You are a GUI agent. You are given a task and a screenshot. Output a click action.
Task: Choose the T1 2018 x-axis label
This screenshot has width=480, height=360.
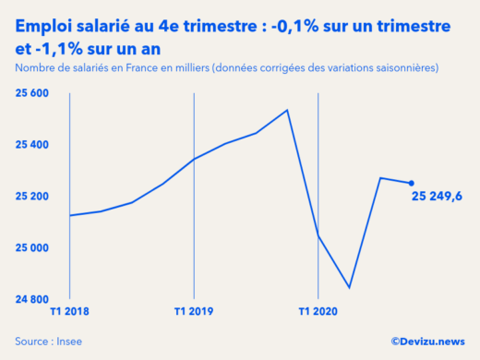pos(70,312)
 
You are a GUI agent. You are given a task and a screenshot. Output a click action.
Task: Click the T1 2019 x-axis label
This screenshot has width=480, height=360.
pos(194,312)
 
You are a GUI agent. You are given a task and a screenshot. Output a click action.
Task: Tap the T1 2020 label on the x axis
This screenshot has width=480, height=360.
pos(318,312)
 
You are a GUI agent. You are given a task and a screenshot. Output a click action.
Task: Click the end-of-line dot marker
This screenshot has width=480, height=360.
pos(411,183)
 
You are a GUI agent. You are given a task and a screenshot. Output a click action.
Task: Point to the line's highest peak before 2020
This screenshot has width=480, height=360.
pos(287,110)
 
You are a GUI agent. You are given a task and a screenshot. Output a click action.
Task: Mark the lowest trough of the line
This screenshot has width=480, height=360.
pos(349,288)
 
